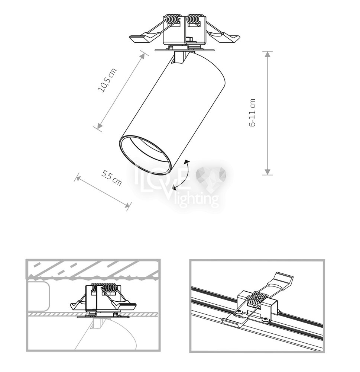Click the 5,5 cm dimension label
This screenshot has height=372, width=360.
[111, 178]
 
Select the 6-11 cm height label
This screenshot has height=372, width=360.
[253, 113]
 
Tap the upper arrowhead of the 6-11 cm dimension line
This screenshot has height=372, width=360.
[267, 55]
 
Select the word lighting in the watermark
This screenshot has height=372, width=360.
[195, 200]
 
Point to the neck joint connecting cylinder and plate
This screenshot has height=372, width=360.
[180, 57]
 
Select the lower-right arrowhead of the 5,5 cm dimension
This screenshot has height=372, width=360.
[127, 205]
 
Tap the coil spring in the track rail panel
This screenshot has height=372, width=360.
[256, 300]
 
